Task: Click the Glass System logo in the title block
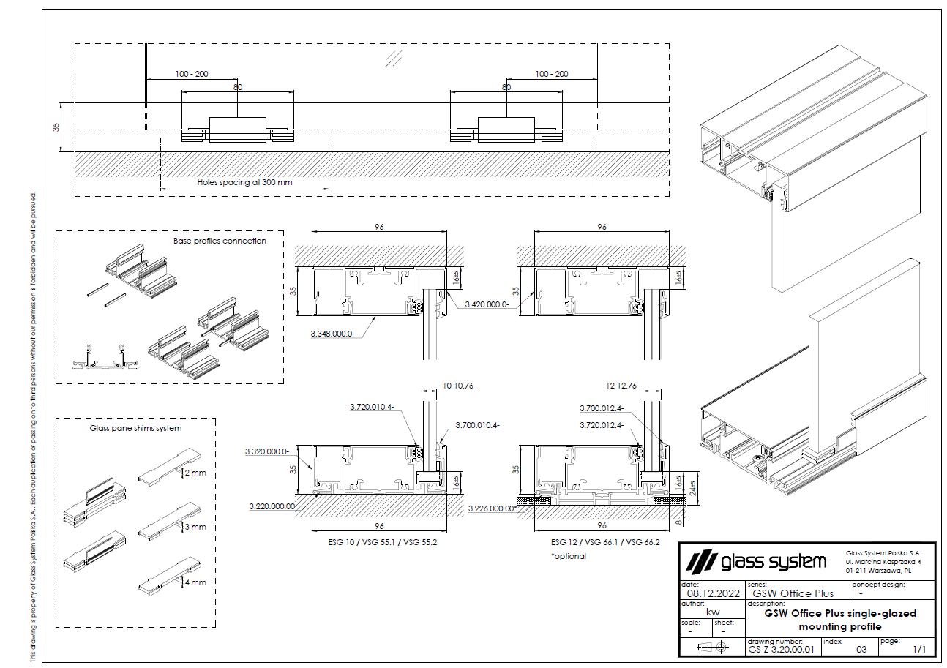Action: coord(757,562)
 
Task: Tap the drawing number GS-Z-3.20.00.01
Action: coord(781,648)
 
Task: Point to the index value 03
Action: coord(861,649)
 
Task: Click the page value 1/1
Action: coord(919,649)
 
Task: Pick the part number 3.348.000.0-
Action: coord(333,333)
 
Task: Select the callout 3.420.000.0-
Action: coord(486,303)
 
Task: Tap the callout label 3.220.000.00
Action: coord(273,506)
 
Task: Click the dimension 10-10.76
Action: coord(458,385)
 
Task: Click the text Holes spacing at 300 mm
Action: coord(244,183)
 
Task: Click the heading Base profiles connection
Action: coord(220,241)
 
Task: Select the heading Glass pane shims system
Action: coord(135,428)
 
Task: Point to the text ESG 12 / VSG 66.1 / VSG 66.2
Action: coord(605,543)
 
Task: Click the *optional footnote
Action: coord(569,556)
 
